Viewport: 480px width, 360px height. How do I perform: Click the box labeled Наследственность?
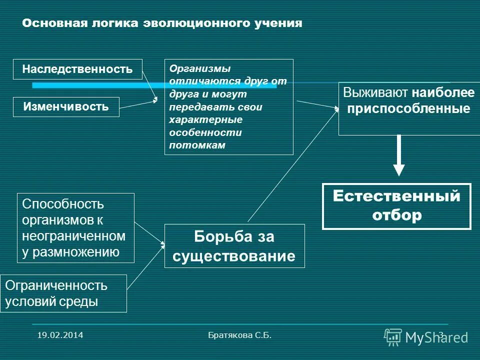77,69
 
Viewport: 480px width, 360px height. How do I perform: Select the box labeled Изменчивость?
66,106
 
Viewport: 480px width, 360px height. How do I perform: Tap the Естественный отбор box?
396,206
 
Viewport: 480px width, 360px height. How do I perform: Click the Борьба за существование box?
234,246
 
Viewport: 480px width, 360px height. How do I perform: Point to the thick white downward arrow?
398,155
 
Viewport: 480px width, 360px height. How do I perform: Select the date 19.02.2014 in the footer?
60,335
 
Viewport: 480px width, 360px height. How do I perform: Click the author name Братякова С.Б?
239,335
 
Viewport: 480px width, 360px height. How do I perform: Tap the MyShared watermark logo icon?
392,337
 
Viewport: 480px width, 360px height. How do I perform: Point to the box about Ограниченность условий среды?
63,293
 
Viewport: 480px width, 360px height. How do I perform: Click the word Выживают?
376,93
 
